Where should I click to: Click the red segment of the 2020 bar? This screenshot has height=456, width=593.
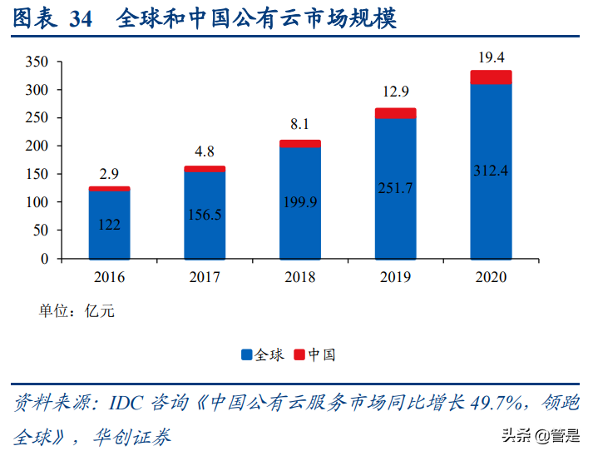[x=491, y=77]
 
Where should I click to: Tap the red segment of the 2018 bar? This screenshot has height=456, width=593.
[x=300, y=144]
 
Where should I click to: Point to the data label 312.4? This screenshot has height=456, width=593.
[x=491, y=171]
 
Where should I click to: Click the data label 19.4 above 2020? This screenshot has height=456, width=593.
[x=491, y=57]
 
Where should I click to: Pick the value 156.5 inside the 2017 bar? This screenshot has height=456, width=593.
[x=205, y=215]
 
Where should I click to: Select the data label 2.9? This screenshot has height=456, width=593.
[x=110, y=174]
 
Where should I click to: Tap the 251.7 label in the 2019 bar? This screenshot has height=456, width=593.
[x=395, y=188]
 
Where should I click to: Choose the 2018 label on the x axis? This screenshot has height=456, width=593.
[x=300, y=277]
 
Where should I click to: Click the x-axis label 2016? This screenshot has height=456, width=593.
[x=110, y=277]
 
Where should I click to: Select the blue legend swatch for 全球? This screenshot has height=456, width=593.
[x=247, y=355]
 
